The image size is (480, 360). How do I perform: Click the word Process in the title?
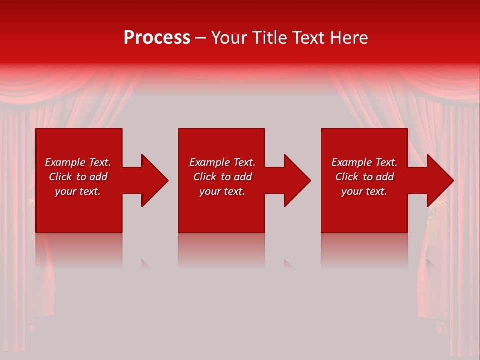tap(157, 38)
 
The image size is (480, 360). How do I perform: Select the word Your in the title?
tap(230, 38)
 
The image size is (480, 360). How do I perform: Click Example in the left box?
tap(65, 162)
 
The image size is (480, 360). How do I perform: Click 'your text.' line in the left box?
tap(78, 191)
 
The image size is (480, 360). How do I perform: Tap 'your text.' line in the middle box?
tap(222, 191)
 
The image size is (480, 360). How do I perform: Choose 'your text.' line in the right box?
tap(364, 191)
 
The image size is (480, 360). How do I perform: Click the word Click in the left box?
tap(60, 177)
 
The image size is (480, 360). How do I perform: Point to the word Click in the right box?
tap(347, 177)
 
